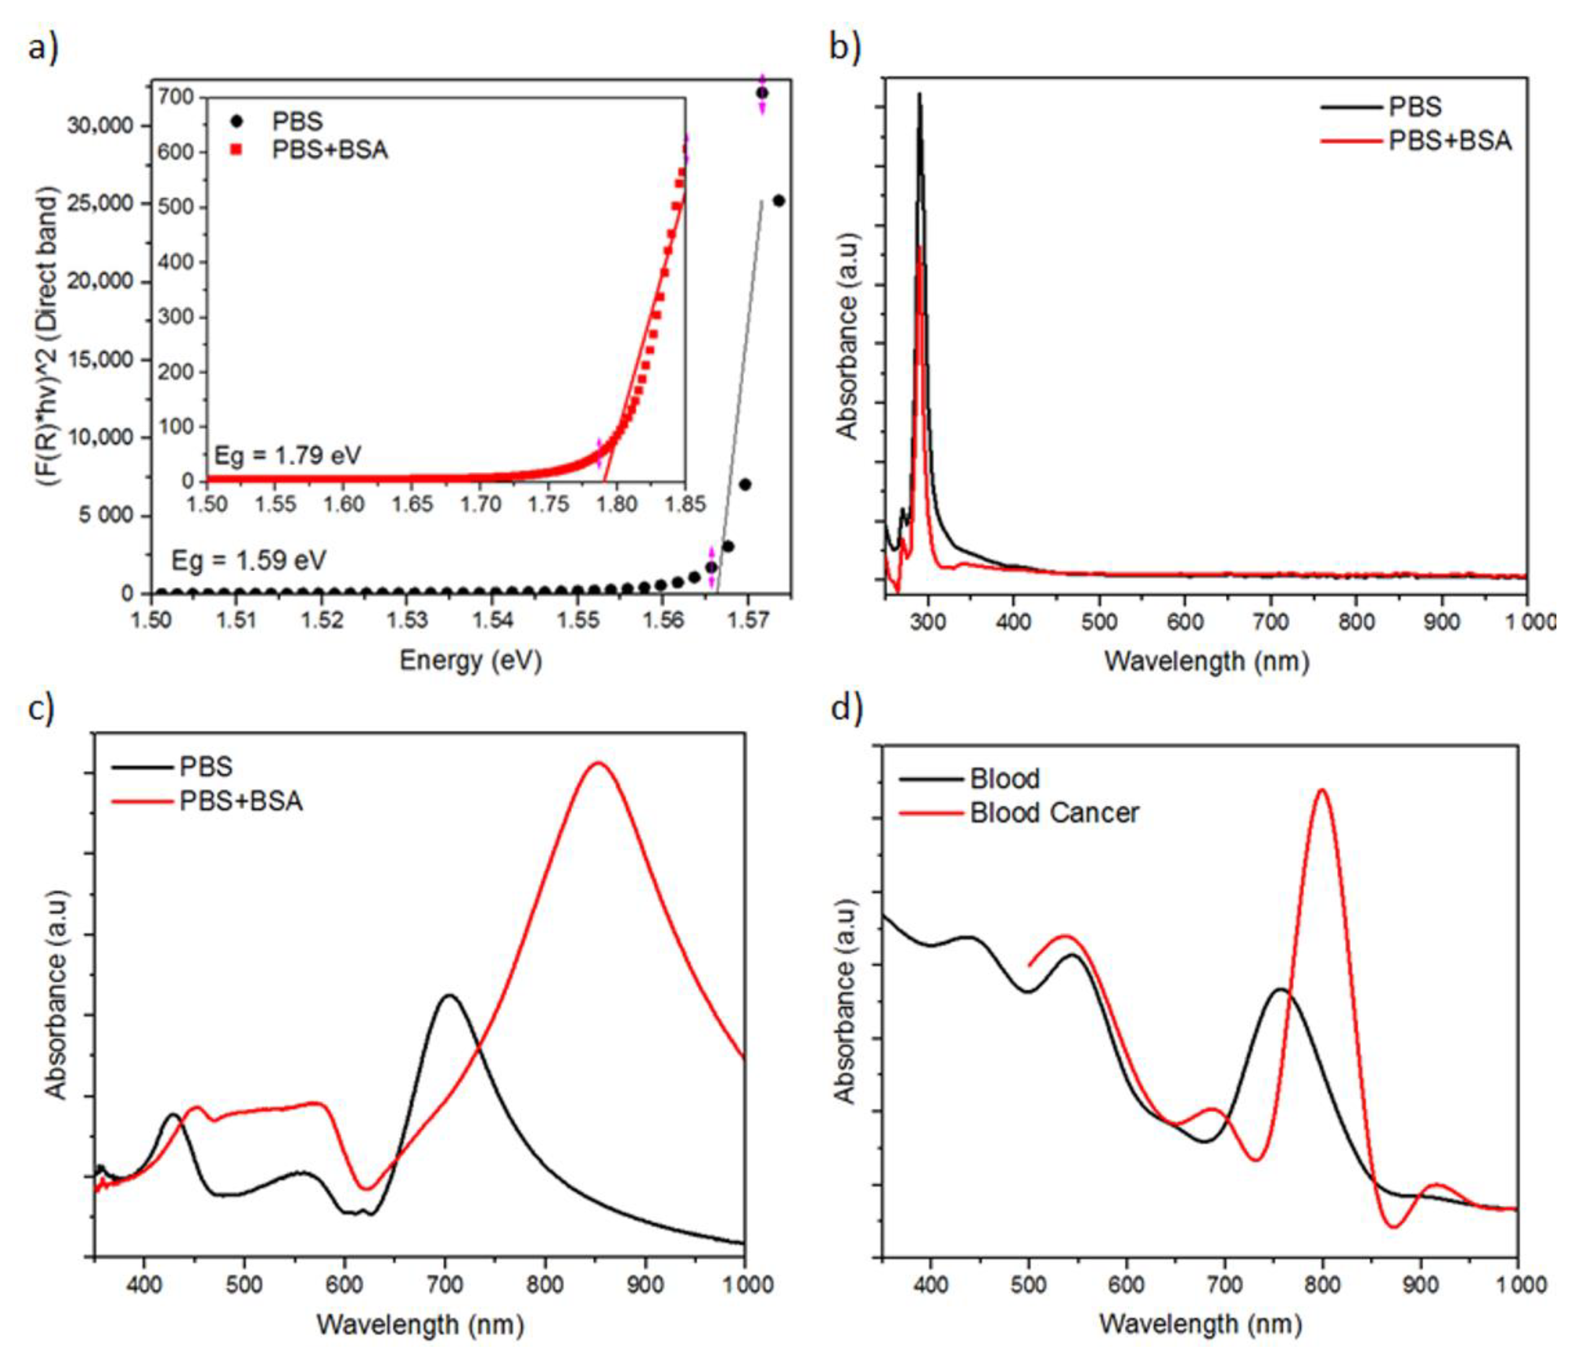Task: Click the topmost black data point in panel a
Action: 762,93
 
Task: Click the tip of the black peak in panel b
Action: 919,94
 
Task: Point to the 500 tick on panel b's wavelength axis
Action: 1099,622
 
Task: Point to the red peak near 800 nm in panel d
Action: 1322,790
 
